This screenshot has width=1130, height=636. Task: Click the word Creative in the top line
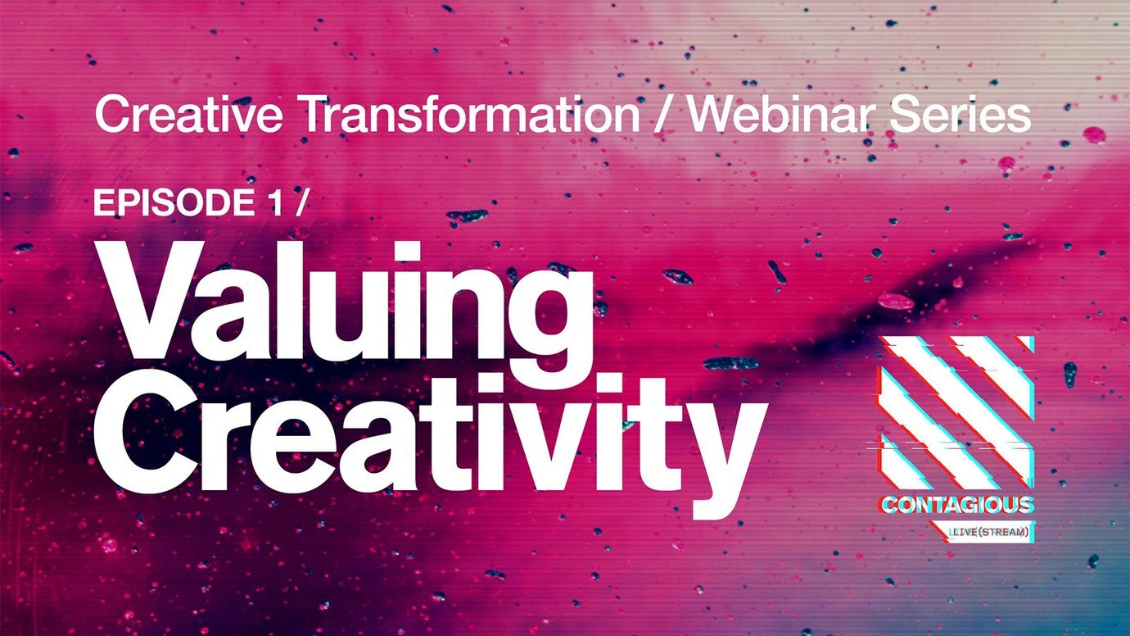tap(188, 114)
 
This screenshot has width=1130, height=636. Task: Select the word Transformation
tap(471, 114)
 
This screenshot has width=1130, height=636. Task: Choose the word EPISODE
tap(174, 202)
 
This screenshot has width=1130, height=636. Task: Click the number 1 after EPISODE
tap(275, 202)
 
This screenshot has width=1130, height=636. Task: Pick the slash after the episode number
tap(300, 203)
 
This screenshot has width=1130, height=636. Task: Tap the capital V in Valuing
tap(153, 300)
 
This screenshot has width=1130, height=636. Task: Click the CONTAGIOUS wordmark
tap(956, 505)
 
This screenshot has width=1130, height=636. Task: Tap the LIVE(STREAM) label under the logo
tap(988, 532)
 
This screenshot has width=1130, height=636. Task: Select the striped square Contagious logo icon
tap(955, 413)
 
